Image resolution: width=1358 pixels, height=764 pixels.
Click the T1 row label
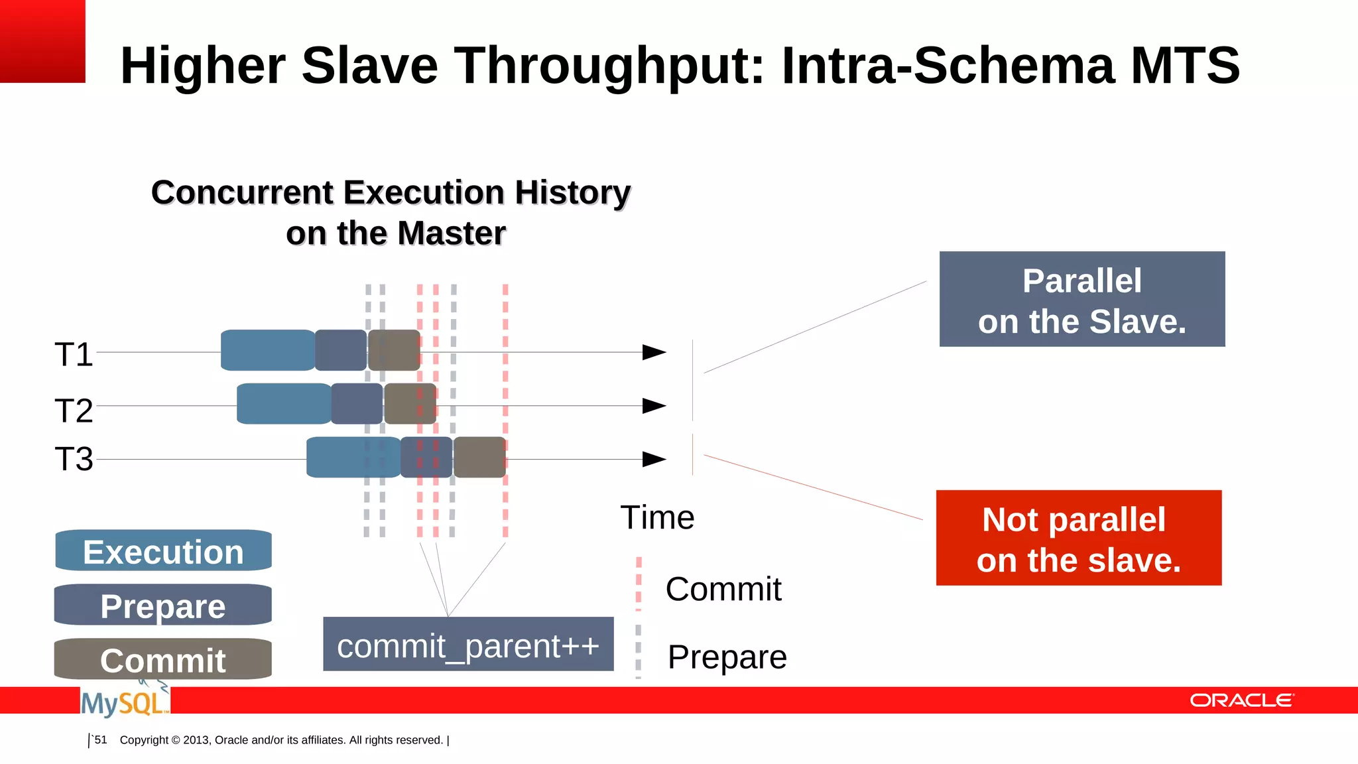pos(74,354)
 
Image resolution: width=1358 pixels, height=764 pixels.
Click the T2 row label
pos(74,411)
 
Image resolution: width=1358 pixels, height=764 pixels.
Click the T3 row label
pos(74,459)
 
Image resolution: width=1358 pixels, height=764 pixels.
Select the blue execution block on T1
pos(267,350)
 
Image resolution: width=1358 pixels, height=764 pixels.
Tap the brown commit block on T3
pos(479,457)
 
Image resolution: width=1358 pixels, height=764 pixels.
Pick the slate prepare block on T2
pos(357,403)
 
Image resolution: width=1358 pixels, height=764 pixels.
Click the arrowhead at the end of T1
pos(654,352)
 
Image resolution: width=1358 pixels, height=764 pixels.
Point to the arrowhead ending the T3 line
pos(654,459)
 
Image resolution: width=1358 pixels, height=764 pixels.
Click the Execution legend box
pos(163,551)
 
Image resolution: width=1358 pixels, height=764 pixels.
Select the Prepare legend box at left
pos(163,605)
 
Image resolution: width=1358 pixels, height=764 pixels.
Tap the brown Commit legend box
pos(163,659)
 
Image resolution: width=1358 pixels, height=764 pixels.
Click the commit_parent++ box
pos(468,645)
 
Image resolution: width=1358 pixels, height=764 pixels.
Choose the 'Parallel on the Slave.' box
pos(1081,299)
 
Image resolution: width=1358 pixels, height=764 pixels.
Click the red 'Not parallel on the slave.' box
pos(1078,538)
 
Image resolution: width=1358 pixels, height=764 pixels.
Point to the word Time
pos(657,517)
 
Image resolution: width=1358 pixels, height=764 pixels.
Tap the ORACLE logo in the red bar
pos(1241,700)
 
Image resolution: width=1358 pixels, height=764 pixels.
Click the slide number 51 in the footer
pos(100,739)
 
